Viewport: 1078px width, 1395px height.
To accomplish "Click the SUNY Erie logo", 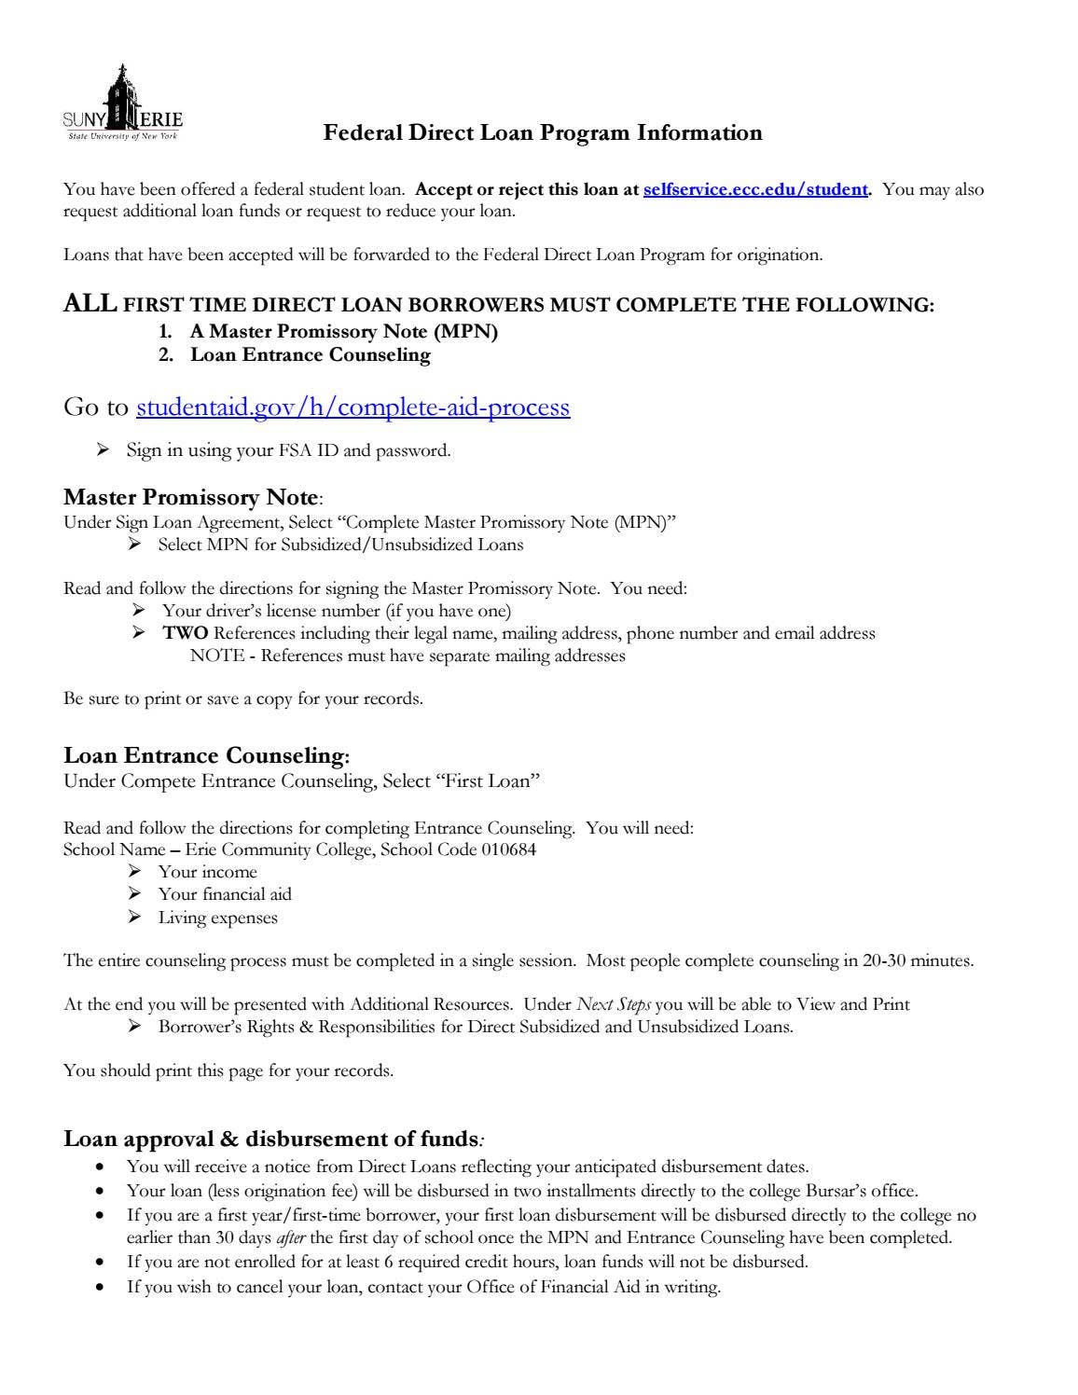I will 122,105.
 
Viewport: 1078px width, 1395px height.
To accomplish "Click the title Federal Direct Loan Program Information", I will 542,133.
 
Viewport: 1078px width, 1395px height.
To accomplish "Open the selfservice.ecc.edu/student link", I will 755,189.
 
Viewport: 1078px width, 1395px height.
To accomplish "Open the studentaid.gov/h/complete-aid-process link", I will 352,407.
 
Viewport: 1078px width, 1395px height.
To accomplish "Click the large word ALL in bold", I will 90,304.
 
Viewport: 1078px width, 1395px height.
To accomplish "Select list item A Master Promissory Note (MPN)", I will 343,331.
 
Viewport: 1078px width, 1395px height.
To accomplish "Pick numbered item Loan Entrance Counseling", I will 310,354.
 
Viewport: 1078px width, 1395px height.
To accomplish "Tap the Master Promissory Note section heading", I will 191,496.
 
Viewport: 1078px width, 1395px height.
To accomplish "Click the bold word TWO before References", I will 186,633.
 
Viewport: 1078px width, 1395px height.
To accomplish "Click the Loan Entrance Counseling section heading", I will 205,755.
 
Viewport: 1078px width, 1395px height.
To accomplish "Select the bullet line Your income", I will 207,872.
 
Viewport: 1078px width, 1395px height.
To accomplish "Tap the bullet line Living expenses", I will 217,918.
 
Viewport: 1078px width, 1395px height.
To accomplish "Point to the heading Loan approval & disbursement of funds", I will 271,1139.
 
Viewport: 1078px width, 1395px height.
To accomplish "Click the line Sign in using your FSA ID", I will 288,450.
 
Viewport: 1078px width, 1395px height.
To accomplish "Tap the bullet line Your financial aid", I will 225,894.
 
